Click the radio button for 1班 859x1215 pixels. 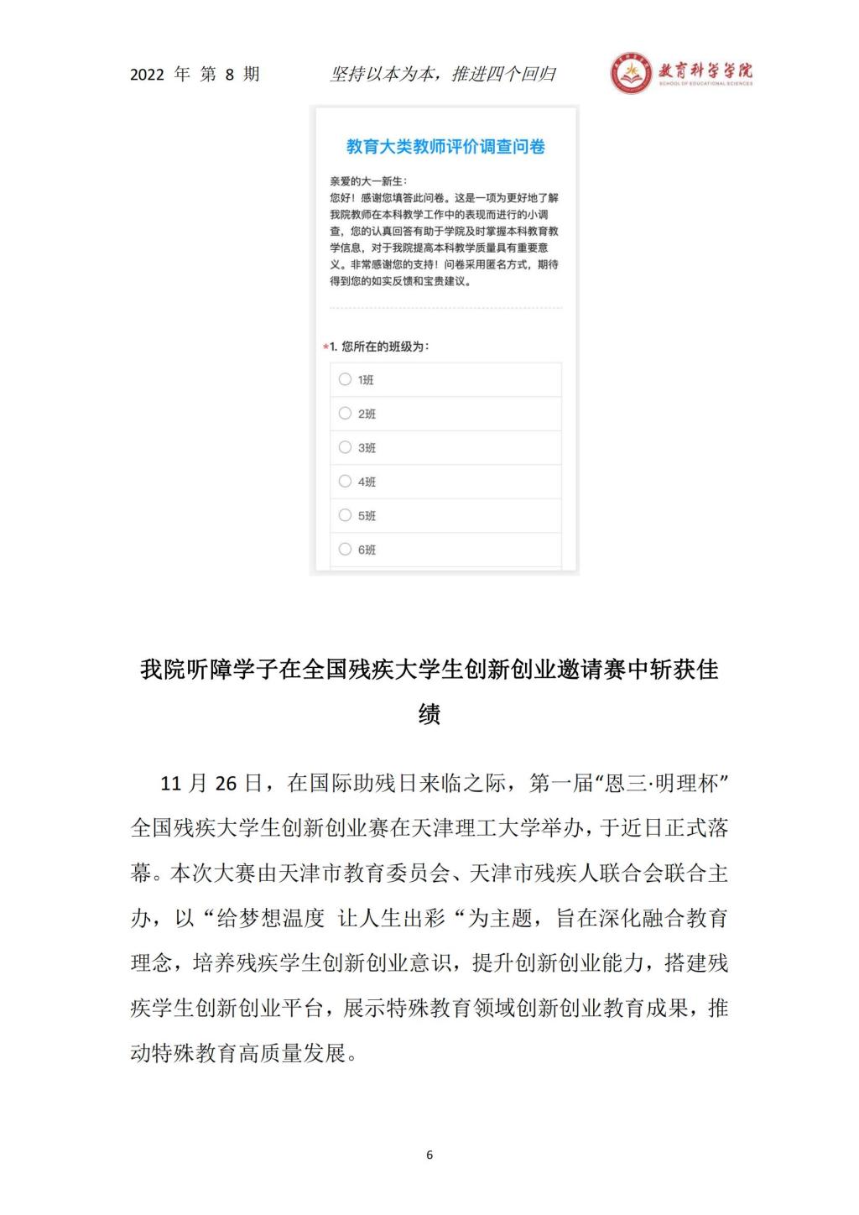click(345, 379)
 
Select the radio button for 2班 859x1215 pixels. click(345, 413)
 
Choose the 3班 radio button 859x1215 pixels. click(345, 447)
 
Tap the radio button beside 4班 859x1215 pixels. click(345, 481)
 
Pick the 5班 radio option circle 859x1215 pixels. click(345, 515)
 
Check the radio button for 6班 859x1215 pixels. click(345, 550)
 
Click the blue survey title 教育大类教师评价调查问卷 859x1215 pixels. click(445, 147)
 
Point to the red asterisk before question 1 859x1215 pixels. click(325, 347)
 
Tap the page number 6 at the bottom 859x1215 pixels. click(429, 1155)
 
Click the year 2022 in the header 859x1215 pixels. click(147, 75)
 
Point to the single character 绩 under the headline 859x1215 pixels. click(429, 714)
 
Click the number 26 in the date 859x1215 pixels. click(226, 784)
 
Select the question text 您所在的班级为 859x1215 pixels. click(384, 347)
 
